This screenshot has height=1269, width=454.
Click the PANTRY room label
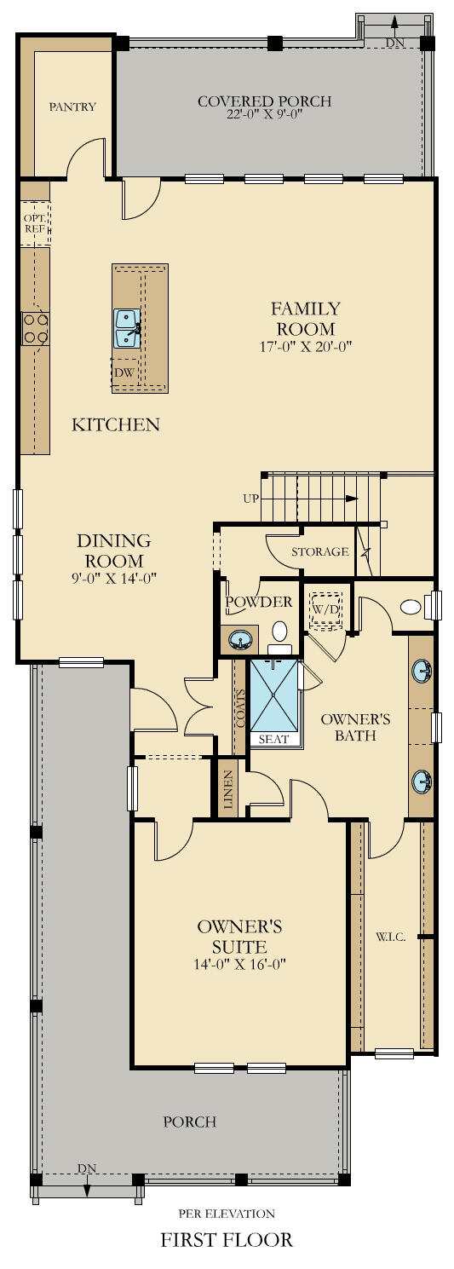pos(72,107)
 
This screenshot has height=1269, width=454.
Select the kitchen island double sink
pos(127,329)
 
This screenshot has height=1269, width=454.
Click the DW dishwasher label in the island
pos(124,372)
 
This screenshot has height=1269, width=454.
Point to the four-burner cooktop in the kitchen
pos(35,328)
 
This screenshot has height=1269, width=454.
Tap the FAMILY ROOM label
pos(305,319)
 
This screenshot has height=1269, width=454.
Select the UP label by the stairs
pos(250,499)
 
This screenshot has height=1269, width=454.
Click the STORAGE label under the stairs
pos(320,551)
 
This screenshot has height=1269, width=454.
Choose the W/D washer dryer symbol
pos(324,610)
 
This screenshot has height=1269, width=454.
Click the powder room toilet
pos(280,632)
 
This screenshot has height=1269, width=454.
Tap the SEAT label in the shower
pos(273,739)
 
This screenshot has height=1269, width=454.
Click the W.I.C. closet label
pos(390,937)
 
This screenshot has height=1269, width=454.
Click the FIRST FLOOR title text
pos(227,1239)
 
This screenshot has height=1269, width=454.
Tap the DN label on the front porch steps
pos(86,1168)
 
